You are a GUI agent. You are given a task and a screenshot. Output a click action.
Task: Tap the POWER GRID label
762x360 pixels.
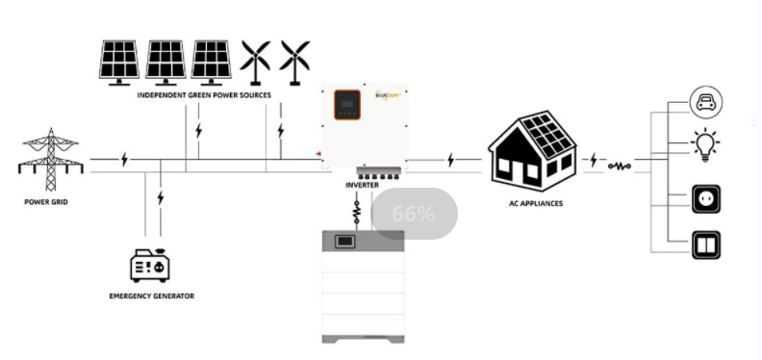(x=46, y=202)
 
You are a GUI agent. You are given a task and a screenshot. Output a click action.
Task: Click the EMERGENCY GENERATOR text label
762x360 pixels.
(x=151, y=296)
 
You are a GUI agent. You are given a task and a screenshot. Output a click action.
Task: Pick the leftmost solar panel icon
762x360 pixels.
(x=120, y=61)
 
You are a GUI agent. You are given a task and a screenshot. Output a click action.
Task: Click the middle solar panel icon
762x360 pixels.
(x=165, y=61)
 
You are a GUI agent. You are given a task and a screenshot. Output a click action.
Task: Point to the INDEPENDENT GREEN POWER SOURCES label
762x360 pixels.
(x=203, y=95)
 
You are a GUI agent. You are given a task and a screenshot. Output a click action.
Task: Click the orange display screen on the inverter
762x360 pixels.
(x=347, y=105)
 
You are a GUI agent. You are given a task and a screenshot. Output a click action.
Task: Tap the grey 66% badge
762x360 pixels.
(x=414, y=214)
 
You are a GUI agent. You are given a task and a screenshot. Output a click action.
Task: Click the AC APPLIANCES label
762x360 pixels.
(x=536, y=203)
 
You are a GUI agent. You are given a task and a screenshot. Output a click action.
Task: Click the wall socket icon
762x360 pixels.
(x=707, y=200)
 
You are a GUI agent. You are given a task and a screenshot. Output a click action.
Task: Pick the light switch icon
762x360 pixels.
(x=707, y=244)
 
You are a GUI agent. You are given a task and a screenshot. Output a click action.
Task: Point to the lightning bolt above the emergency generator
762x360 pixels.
(x=160, y=198)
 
